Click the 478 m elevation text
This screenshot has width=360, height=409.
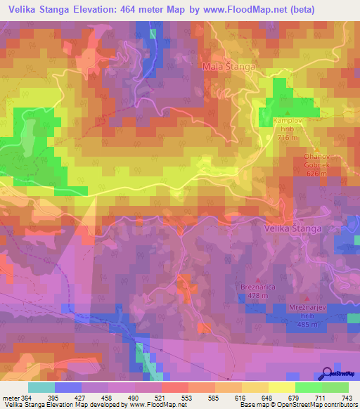pyautogui.click(x=255, y=296)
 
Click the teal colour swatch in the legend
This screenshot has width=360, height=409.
pyautogui.click(x=41, y=387)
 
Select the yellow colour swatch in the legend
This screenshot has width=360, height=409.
pyautogui.click(x=282, y=387)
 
